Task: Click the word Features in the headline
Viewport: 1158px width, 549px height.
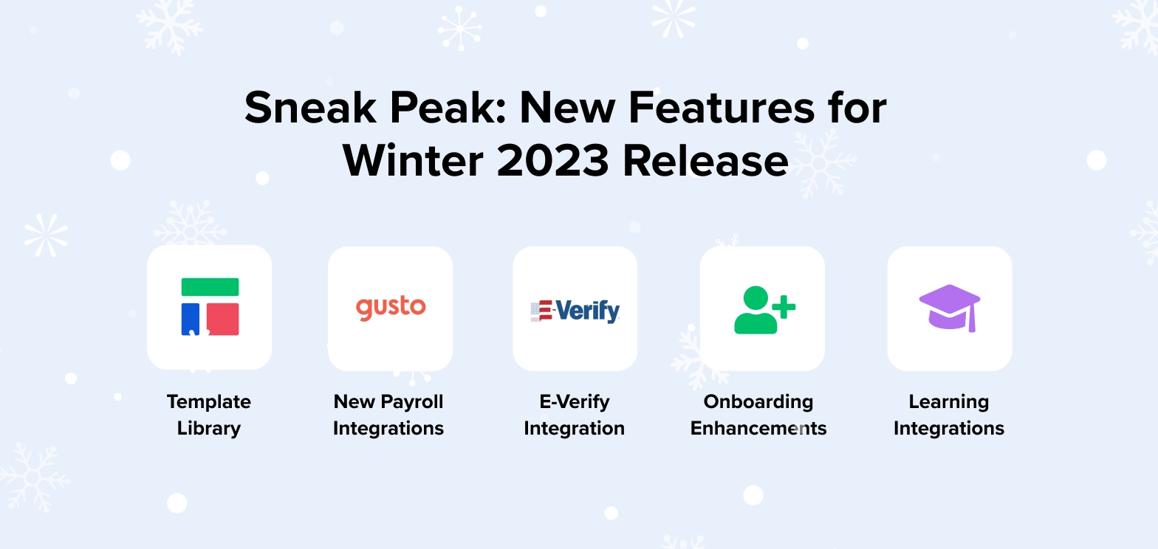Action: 725,108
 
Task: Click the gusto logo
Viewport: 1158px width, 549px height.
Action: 391,307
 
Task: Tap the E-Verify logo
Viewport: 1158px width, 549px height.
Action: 575,311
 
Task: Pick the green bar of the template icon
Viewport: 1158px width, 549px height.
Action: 210,287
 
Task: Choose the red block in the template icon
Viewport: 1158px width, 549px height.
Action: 222,319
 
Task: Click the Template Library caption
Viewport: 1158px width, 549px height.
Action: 209,415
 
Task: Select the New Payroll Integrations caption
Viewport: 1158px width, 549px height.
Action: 388,415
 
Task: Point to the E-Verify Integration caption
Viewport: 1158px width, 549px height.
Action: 574,415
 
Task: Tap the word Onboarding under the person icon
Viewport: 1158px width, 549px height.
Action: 758,401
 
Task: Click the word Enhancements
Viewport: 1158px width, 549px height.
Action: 758,428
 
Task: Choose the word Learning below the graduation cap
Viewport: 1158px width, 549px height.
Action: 949,401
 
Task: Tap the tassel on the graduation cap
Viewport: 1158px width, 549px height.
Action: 974,320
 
